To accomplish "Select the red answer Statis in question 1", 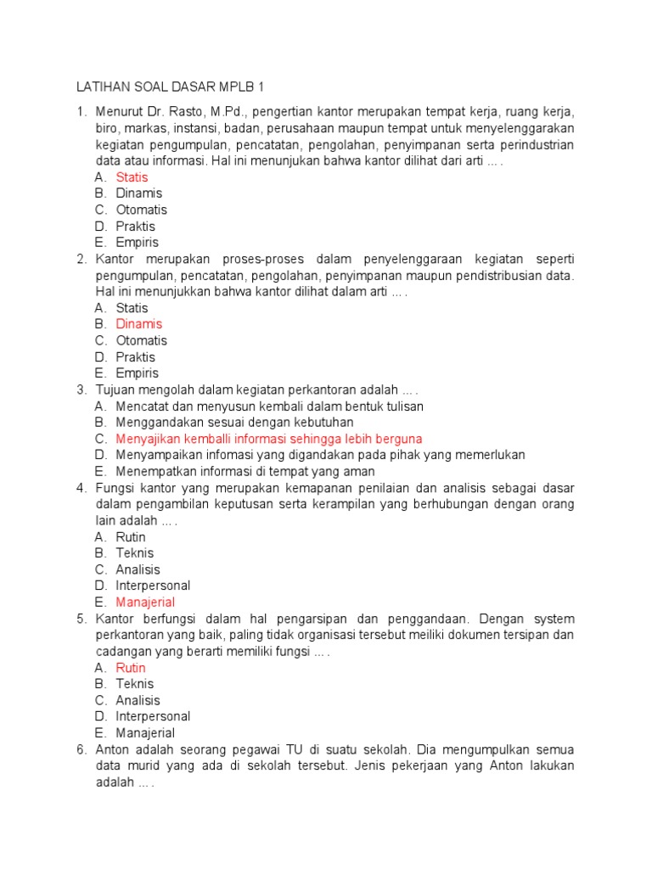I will click(132, 177).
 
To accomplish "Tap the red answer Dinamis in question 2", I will click(138, 324).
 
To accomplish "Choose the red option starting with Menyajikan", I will click(268, 439).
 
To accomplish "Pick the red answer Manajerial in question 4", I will click(145, 603).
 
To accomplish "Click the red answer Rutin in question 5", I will click(131, 668).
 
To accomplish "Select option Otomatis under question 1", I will click(141, 210).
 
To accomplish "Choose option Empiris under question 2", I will click(137, 373).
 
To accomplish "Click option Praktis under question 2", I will click(136, 357).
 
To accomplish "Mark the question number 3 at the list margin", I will click(81, 390).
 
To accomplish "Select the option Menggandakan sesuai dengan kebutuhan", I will click(234, 423).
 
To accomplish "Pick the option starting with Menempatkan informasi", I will click(245, 472).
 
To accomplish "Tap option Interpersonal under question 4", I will click(153, 586).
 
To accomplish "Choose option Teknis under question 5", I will click(135, 684).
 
